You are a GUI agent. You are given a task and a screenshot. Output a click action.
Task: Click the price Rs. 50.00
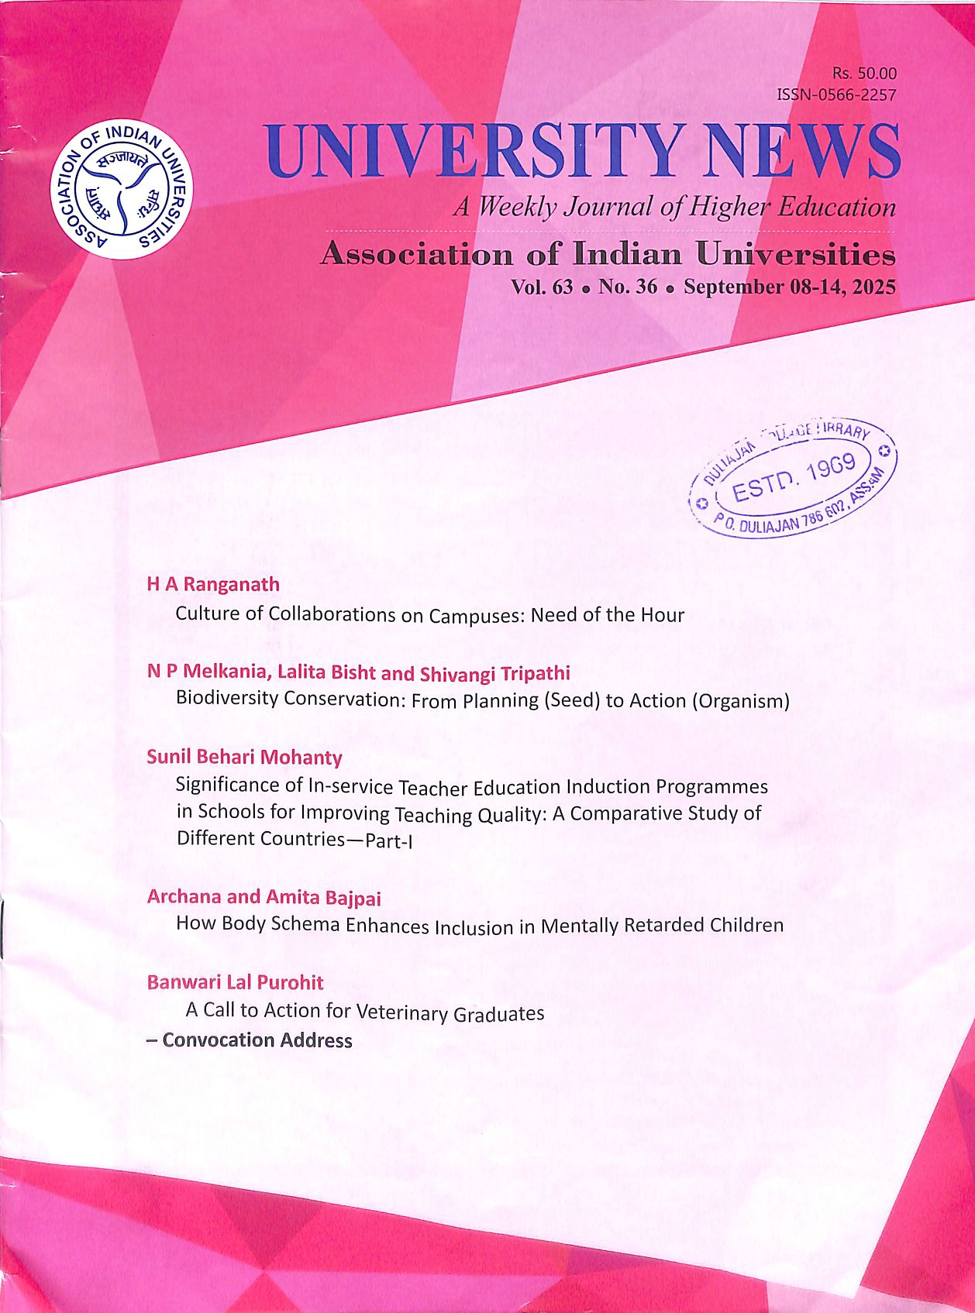pyautogui.click(x=864, y=74)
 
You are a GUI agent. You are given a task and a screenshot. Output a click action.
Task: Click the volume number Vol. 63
pyautogui.click(x=542, y=287)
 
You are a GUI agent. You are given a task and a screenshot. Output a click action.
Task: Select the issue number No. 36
pyautogui.click(x=627, y=287)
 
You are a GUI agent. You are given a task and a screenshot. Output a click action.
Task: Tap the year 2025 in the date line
pyautogui.click(x=873, y=287)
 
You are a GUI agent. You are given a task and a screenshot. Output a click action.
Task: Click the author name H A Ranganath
pyautogui.click(x=213, y=584)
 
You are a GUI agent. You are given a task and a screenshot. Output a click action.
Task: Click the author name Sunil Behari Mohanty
pyautogui.click(x=244, y=757)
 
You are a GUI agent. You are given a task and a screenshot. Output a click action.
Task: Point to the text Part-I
pyautogui.click(x=388, y=840)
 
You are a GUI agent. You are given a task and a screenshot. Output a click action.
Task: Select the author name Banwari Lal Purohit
pyautogui.click(x=235, y=982)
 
